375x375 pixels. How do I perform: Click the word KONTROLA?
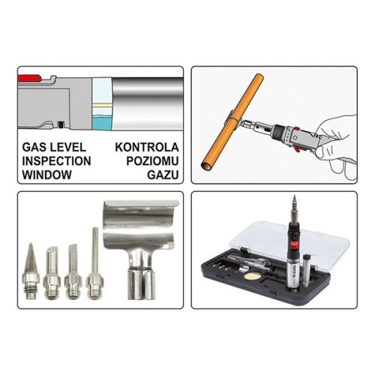click(x=147, y=147)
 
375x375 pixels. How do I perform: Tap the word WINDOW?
click(x=46, y=175)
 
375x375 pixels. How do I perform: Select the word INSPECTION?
click(x=56, y=161)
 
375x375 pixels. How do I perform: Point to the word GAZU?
click(x=163, y=175)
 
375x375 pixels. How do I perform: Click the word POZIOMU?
click(x=152, y=161)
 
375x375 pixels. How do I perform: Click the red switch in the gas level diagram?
click(x=29, y=78)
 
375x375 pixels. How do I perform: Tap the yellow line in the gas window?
click(x=102, y=105)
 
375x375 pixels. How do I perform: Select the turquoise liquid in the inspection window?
click(x=102, y=122)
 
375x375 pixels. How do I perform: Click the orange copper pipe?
click(x=232, y=122)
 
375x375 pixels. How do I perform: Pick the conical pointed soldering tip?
click(x=31, y=271)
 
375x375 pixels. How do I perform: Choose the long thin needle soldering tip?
click(x=95, y=263)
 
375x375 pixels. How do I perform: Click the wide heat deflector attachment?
click(x=140, y=247)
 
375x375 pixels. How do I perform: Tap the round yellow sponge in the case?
click(x=253, y=276)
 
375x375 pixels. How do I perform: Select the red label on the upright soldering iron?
click(x=293, y=244)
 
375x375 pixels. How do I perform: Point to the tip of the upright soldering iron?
click(x=295, y=196)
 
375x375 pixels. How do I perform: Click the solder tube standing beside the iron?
click(x=307, y=271)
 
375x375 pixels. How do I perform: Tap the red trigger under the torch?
click(x=297, y=149)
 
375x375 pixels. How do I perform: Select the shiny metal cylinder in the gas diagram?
click(x=148, y=103)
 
